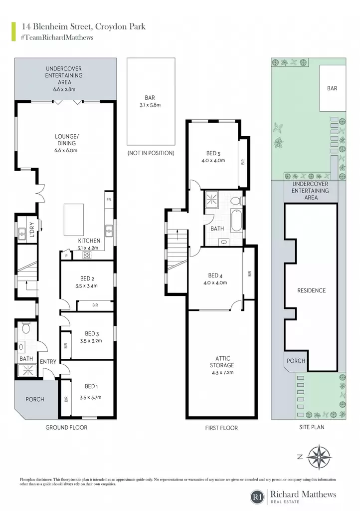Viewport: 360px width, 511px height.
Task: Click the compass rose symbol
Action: click(319, 457)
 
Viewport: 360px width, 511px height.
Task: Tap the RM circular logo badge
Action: click(257, 497)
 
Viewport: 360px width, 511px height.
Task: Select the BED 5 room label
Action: click(213, 153)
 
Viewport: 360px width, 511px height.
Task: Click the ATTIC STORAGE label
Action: click(222, 362)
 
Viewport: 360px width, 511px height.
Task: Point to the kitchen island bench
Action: click(74, 220)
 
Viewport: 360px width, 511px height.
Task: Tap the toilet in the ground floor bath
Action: click(25, 327)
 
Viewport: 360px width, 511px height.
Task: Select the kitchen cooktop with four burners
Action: click(87, 255)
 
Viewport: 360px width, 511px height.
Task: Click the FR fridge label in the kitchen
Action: click(109, 200)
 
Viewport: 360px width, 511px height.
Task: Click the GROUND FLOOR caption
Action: click(66, 427)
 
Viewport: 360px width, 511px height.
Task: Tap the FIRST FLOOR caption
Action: click(221, 428)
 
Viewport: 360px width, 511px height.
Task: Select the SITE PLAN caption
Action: click(312, 427)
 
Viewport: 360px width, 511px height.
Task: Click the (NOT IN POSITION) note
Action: click(151, 153)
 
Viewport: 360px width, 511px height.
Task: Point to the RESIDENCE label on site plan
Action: click(311, 290)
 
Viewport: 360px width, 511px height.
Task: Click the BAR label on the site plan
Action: click(332, 88)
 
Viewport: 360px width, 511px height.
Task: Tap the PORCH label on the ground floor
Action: click(35, 399)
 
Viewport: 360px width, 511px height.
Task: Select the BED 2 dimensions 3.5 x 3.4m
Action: click(89, 286)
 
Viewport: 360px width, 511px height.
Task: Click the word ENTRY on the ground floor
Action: click(48, 361)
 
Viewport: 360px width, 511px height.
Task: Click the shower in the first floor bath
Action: click(212, 199)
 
